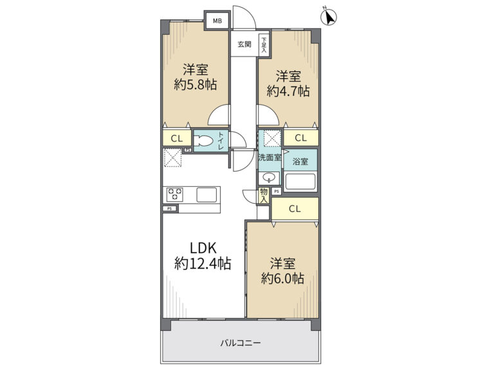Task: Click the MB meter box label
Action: click(x=217, y=21)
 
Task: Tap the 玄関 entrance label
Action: click(x=244, y=44)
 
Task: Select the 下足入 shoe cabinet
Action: click(x=264, y=45)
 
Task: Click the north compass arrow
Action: click(x=329, y=17)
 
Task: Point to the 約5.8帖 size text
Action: click(x=196, y=85)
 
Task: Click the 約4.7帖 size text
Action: click(x=288, y=91)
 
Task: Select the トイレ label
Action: click(x=221, y=141)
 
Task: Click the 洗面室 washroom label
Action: click(x=270, y=157)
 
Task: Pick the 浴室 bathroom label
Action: click(x=300, y=162)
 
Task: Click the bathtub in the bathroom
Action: click(x=300, y=182)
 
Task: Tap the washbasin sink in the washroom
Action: click(x=269, y=178)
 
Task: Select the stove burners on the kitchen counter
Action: click(x=174, y=195)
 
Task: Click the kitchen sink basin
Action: click(x=206, y=195)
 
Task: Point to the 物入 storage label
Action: click(x=264, y=195)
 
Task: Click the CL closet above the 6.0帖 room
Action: click(x=295, y=209)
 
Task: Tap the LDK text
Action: click(x=203, y=248)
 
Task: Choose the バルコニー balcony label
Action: click(x=241, y=342)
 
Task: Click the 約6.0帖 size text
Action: click(x=282, y=278)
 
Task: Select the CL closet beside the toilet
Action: click(x=177, y=139)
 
